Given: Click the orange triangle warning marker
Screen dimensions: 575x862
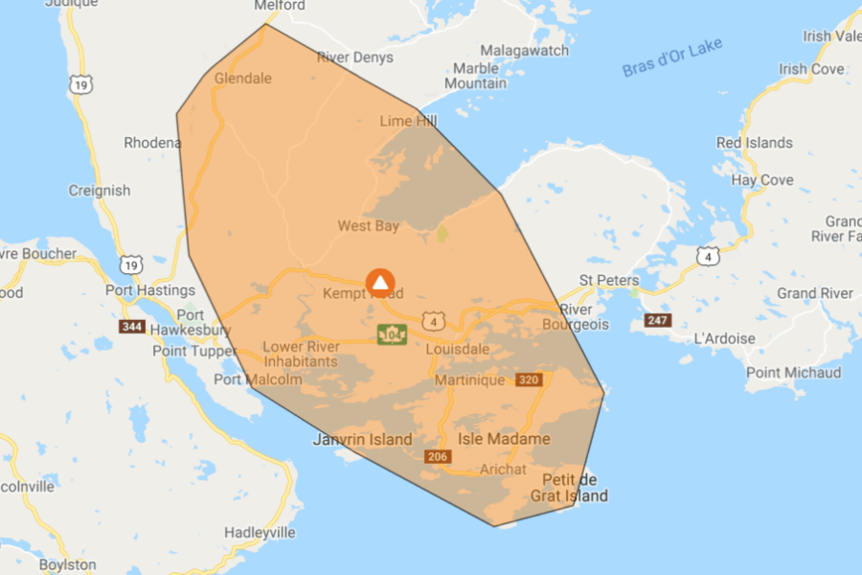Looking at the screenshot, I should point(380,282).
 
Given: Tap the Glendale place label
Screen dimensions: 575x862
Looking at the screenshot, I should point(243,78).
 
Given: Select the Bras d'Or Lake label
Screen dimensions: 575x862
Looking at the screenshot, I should point(672,57).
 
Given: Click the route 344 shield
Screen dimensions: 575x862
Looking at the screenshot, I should point(132,327).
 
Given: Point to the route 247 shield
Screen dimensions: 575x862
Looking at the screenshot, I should point(658,319).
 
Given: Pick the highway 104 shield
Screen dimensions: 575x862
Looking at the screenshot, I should point(392,334).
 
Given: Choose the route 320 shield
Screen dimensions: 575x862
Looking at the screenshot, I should point(529,379).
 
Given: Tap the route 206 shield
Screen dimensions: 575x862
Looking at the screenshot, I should point(438,456).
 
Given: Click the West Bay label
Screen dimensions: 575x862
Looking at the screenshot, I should point(368,226).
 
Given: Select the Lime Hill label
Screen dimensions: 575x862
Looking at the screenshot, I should point(408,121).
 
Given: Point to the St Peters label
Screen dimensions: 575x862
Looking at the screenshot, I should point(608,281).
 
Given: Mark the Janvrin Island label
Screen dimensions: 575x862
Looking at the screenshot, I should point(363,440).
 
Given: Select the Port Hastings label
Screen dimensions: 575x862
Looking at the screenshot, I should point(150,290).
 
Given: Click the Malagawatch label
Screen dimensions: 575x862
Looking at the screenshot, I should point(525,50).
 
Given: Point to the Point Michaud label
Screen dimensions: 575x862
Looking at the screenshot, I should point(793,373).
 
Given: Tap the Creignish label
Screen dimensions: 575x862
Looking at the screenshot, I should point(100,191).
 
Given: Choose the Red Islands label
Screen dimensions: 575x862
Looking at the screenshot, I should point(755,143).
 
